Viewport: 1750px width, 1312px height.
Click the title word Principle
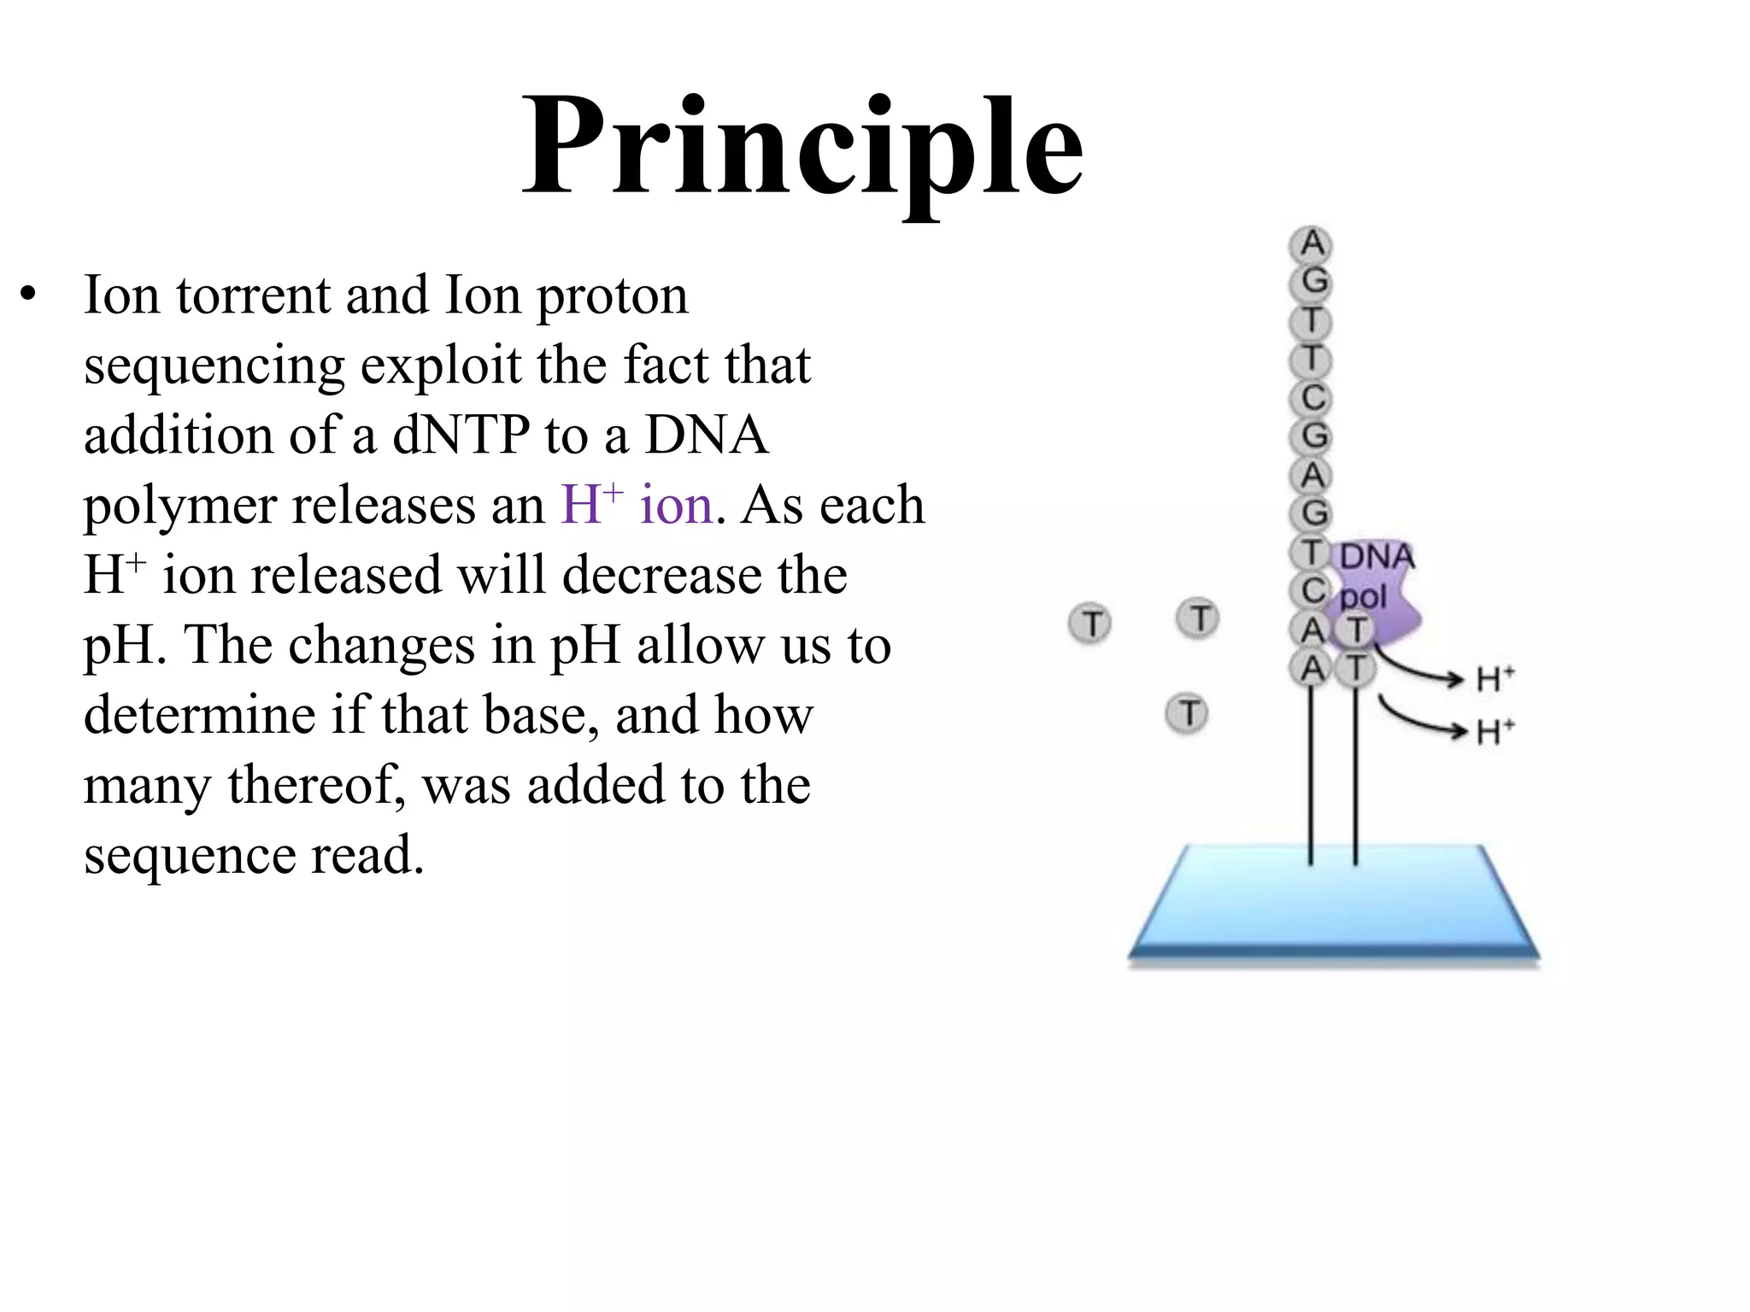[x=803, y=149]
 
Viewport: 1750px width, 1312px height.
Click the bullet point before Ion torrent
[x=29, y=296]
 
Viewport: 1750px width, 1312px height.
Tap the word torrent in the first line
[x=253, y=296]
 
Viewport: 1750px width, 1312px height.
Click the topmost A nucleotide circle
[x=1311, y=245]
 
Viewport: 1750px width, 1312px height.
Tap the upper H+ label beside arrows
[x=1495, y=680]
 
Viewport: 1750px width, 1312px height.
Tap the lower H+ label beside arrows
[x=1495, y=732]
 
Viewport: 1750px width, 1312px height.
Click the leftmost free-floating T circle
[x=1090, y=624]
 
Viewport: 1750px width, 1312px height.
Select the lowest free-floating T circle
[x=1187, y=713]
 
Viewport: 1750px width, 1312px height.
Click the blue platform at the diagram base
[x=1333, y=905]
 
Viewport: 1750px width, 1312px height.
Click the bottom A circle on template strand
[x=1311, y=669]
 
